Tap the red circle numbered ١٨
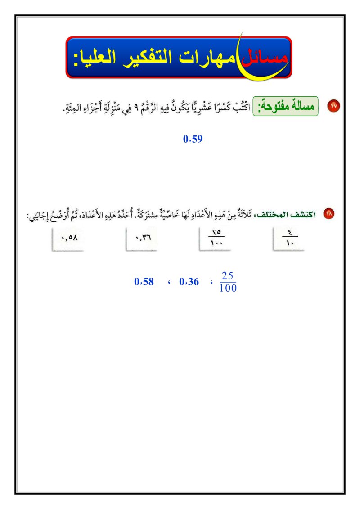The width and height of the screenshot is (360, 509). tap(329, 215)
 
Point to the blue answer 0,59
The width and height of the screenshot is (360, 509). tap(193, 139)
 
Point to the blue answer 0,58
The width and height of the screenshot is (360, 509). tap(144, 282)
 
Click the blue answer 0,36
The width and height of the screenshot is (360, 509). tap(189, 282)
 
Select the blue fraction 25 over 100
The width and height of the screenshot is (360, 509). tap(228, 282)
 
